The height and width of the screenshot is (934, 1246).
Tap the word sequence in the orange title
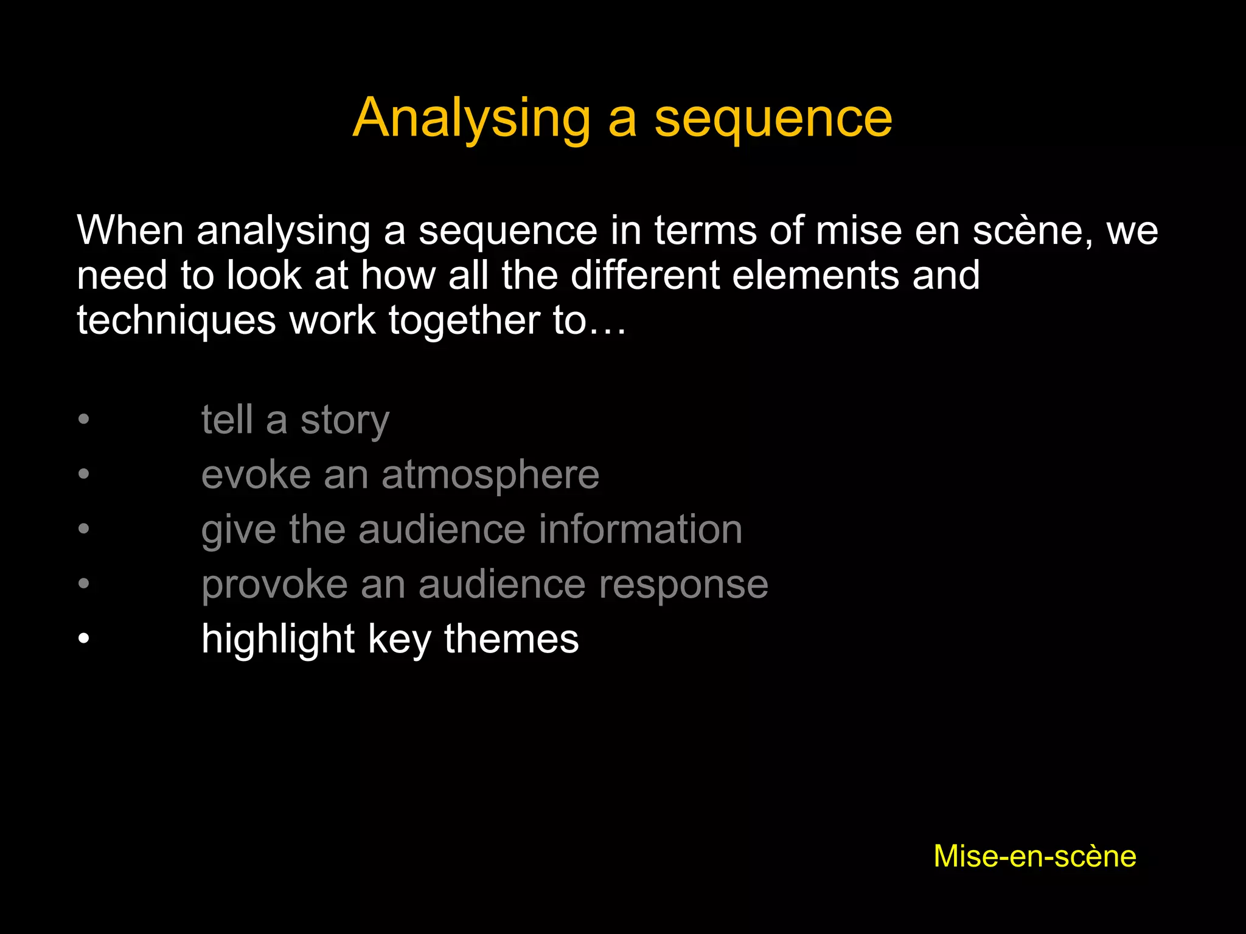tap(773, 118)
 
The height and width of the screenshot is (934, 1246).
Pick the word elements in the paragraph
tap(816, 275)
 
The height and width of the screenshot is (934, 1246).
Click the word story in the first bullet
tap(345, 421)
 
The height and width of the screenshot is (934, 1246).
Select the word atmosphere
tap(490, 475)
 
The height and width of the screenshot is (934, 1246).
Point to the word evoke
tap(256, 475)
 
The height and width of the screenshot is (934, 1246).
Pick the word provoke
tap(274, 585)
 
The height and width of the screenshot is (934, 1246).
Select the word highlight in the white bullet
tap(278, 640)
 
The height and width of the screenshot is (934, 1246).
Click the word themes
tap(511, 640)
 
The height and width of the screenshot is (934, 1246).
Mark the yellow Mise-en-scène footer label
tap(1035, 856)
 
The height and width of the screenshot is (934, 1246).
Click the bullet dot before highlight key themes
tap(84, 639)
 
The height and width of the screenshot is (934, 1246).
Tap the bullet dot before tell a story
tap(84, 420)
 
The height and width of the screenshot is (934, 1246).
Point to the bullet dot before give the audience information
tap(84, 529)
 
